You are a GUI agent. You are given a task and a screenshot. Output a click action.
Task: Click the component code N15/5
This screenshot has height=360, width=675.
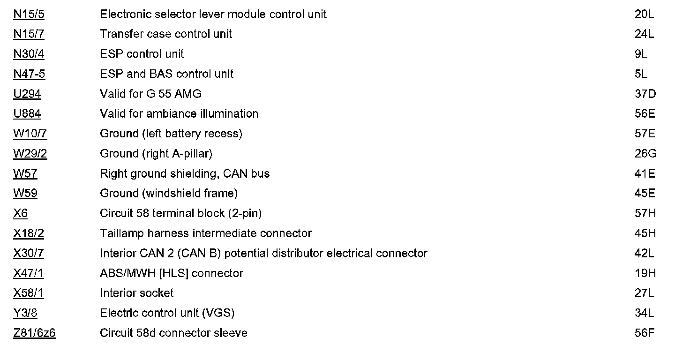coord(29,15)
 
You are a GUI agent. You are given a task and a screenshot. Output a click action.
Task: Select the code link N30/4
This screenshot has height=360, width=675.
coord(29,54)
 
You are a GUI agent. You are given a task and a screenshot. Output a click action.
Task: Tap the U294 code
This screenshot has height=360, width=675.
coord(27,94)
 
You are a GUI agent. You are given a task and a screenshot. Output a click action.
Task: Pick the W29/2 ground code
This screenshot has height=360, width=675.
coord(30,154)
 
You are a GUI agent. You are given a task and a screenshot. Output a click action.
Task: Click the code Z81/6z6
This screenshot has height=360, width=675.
coord(34,333)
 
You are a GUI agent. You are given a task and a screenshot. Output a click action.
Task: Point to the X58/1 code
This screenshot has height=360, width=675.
coord(29,293)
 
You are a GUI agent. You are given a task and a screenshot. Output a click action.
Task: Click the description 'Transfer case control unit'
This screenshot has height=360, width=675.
coord(166,34)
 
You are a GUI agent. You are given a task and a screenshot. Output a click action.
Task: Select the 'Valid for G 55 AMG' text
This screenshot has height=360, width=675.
coord(150,94)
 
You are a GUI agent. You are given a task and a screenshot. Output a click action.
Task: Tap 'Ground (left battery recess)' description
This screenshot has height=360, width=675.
coord(171,134)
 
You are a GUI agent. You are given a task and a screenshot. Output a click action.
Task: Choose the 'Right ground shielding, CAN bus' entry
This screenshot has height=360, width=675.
coord(185,174)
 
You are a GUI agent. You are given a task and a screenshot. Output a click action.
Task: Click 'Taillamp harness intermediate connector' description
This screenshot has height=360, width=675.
coord(206,233)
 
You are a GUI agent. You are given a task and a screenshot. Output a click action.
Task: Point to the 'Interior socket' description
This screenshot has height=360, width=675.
coord(136,293)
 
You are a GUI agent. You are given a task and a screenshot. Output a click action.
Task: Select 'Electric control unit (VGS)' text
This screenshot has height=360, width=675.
coord(167,313)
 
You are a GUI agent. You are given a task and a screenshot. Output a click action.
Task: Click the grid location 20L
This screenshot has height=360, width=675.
coord(644,15)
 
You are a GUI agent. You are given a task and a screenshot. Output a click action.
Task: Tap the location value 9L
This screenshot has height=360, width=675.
coord(641,54)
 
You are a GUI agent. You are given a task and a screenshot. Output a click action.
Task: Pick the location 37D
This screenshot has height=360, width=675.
coord(645,94)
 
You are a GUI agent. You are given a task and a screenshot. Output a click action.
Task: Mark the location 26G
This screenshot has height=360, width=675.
coord(645,154)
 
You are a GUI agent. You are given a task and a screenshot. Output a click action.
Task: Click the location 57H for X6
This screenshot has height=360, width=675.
coord(645,214)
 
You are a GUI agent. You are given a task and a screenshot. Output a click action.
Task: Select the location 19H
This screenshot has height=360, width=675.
coord(645,273)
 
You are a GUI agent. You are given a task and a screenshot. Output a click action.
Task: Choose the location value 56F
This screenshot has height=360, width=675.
coord(645,333)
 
